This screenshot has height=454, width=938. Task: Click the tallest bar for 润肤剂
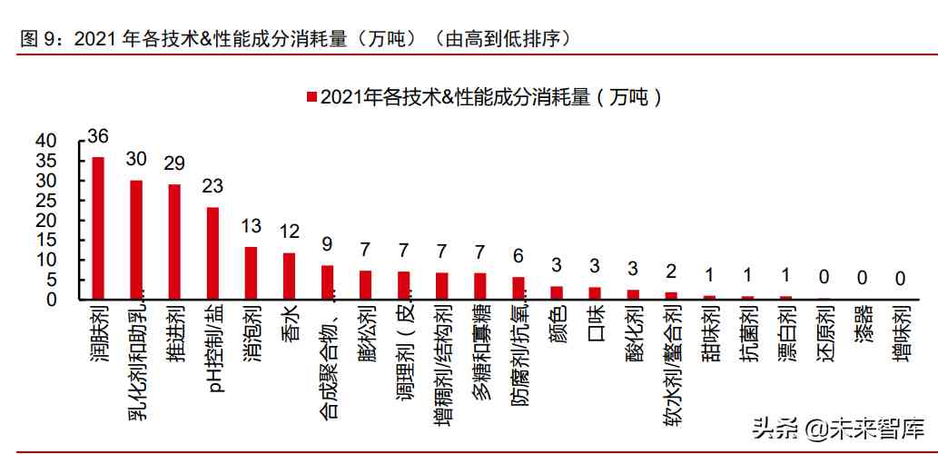(98, 228)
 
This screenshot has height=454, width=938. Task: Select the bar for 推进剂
(174, 242)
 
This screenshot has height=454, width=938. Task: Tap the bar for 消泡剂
(251, 272)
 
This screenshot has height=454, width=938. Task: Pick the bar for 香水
(289, 275)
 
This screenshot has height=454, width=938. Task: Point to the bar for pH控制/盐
(212, 252)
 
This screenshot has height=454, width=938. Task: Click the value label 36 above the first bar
(98, 137)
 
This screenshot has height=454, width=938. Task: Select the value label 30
(136, 160)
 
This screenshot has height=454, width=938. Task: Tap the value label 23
(212, 187)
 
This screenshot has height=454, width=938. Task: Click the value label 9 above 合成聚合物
(327, 243)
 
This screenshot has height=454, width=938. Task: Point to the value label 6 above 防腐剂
(518, 256)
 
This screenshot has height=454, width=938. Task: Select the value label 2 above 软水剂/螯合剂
(670, 271)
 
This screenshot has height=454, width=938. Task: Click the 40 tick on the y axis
(46, 142)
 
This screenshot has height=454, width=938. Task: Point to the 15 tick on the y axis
(46, 240)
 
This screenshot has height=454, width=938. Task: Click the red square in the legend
(312, 97)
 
